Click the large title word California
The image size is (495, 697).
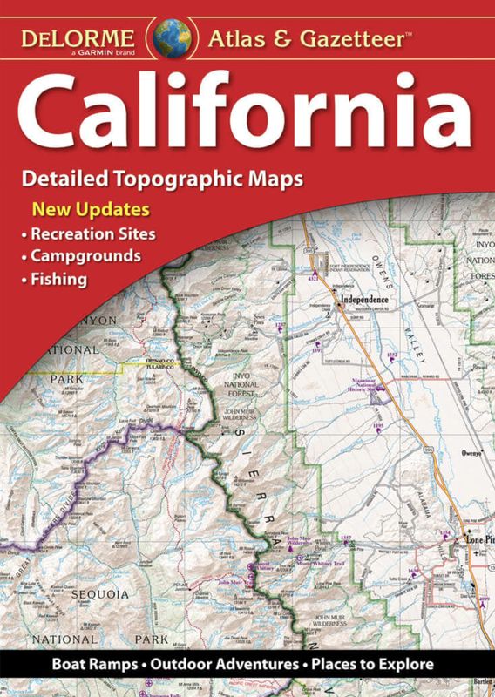(x=247, y=113)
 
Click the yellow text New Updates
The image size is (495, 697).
(x=91, y=210)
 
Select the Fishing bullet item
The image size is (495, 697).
(x=59, y=280)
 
